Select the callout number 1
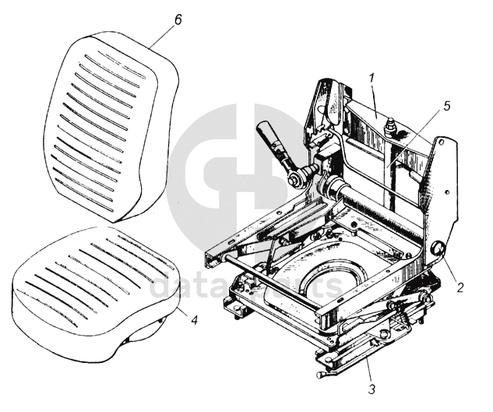[372, 79]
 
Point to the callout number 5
[446, 106]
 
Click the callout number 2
[460, 287]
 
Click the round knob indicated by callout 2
[436, 250]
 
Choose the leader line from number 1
[375, 98]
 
